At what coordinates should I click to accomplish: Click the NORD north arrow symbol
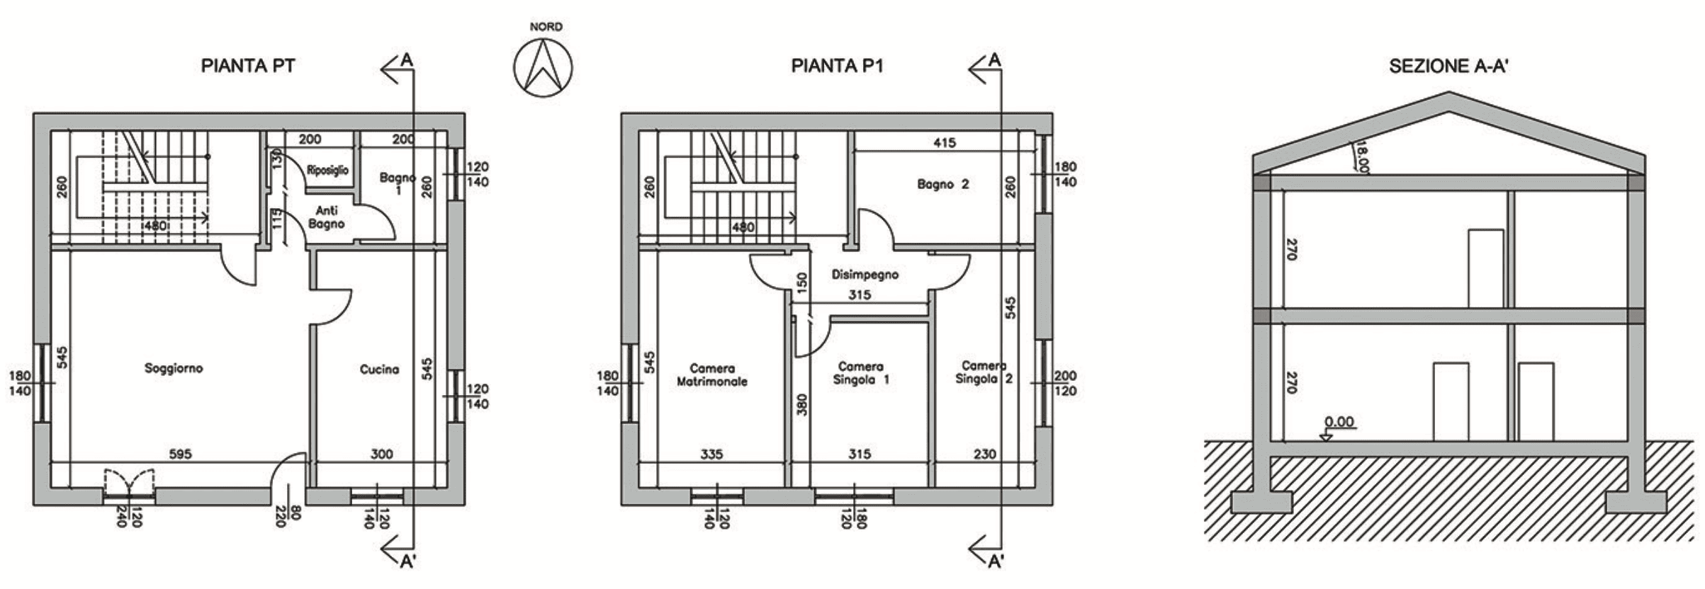(x=543, y=68)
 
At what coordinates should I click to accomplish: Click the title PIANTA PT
(x=248, y=67)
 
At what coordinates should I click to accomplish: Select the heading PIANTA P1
(x=837, y=67)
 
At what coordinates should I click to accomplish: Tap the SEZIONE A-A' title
(x=1448, y=67)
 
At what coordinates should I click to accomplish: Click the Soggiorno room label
(x=174, y=368)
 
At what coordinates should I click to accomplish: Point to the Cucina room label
(x=379, y=369)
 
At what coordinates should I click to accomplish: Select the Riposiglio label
(x=327, y=170)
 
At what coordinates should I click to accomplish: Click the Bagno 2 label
(x=942, y=184)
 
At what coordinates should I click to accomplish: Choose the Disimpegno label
(x=865, y=274)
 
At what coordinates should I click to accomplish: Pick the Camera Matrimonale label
(x=711, y=374)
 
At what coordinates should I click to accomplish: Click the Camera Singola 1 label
(x=860, y=373)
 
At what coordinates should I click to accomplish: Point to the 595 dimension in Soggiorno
(x=180, y=454)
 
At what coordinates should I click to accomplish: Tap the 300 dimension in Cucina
(x=381, y=454)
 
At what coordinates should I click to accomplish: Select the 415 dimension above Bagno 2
(x=944, y=143)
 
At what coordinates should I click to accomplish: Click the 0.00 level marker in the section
(x=1339, y=423)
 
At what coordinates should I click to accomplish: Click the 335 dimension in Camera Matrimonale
(x=711, y=454)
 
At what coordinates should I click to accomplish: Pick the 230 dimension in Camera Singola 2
(x=984, y=454)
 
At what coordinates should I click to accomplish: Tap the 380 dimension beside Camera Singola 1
(x=801, y=404)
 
